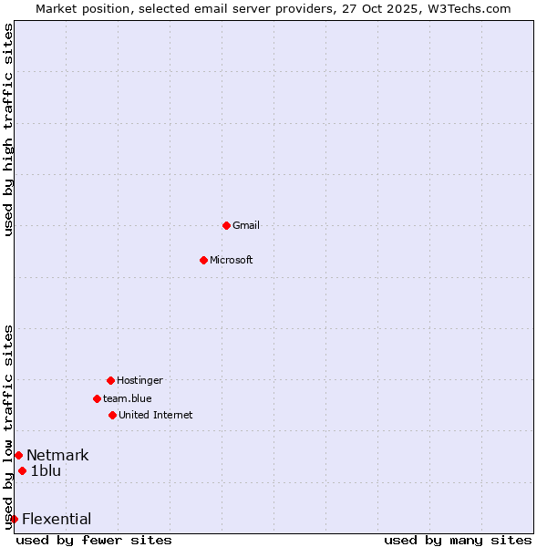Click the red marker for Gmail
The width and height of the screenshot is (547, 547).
click(x=226, y=225)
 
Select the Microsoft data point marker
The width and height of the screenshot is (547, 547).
click(x=203, y=260)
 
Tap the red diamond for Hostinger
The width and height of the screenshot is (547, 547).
click(x=110, y=380)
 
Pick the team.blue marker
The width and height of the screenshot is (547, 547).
click(x=97, y=398)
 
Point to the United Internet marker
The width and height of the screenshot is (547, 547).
click(x=112, y=415)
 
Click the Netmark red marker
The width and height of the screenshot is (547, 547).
click(x=18, y=455)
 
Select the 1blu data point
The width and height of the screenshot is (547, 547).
click(x=22, y=470)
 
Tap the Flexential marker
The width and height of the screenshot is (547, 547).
click(x=14, y=519)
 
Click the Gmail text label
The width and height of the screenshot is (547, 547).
click(x=246, y=225)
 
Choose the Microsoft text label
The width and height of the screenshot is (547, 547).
click(x=232, y=260)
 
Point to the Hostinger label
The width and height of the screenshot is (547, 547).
click(x=139, y=380)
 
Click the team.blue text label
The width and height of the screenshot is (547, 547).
click(x=128, y=398)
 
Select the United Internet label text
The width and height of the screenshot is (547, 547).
click(x=156, y=415)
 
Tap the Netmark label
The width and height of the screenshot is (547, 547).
click(x=57, y=455)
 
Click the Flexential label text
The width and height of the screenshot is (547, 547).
click(x=57, y=519)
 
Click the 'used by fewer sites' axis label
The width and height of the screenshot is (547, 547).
click(x=94, y=540)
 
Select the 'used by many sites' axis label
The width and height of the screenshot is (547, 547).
click(x=458, y=540)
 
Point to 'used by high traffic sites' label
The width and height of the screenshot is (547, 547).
click(x=8, y=129)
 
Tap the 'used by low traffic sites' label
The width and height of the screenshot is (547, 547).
click(x=8, y=426)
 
